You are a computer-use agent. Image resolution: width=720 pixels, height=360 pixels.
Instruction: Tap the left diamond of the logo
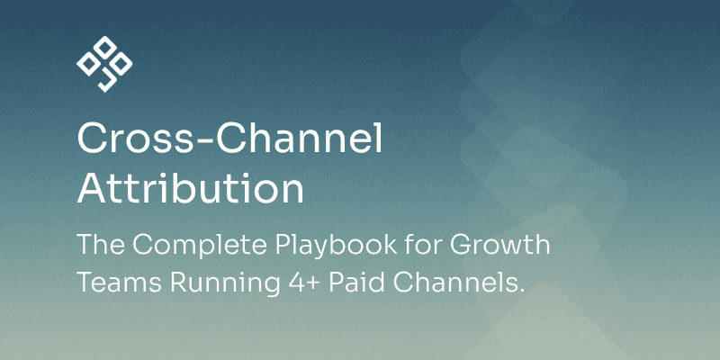coord(88,64)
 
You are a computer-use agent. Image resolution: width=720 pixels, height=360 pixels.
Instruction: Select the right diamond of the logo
coord(121,64)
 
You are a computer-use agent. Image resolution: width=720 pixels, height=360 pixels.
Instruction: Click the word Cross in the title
coord(139,139)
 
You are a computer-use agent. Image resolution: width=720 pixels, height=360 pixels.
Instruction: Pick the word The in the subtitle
coord(99,245)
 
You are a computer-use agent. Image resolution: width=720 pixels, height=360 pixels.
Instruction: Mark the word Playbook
coord(336,246)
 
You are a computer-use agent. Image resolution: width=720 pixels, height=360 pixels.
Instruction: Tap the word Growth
coord(499,244)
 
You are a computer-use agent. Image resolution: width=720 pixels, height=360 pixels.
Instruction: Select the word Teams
coord(120,283)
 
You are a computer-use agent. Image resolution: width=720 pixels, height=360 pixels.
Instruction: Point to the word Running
coord(225,284)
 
